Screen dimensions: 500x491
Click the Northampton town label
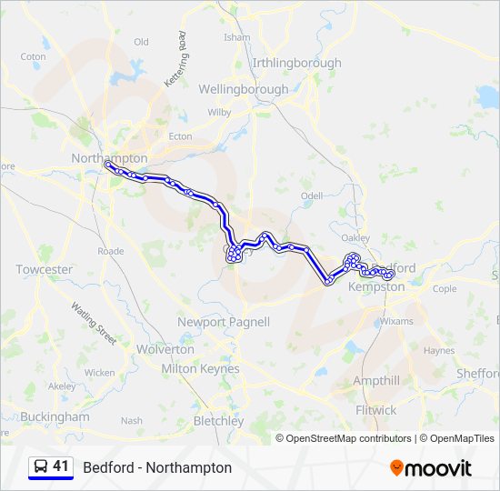(109, 157)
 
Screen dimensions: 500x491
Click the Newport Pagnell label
(224, 322)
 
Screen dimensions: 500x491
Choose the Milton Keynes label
(200, 368)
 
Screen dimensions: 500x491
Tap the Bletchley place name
(218, 421)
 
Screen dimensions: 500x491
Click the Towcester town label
(44, 269)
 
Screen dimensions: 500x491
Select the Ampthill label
(375, 380)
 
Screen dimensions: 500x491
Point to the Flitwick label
(376, 410)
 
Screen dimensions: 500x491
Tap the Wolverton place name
(165, 349)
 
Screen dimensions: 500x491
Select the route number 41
(61, 466)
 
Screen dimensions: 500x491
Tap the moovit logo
(431, 467)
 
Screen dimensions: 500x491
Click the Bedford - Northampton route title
(157, 467)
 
